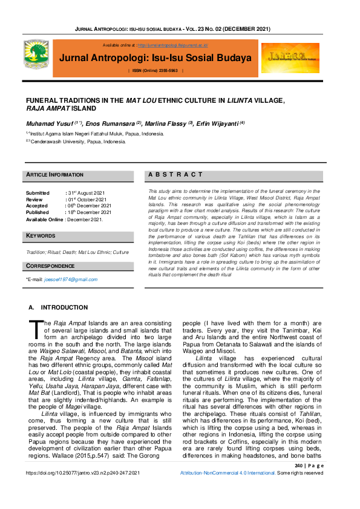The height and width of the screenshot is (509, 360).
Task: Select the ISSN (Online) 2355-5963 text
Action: coord(155,71)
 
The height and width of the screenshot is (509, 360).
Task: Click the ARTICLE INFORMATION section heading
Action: coord(55,175)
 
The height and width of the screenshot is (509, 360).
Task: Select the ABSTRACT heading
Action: coord(175,175)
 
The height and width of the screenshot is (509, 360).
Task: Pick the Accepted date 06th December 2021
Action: coord(90,206)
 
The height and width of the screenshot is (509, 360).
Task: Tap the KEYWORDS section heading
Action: coord(41,235)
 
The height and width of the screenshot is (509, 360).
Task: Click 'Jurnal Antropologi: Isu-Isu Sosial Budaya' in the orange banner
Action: coord(155,58)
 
